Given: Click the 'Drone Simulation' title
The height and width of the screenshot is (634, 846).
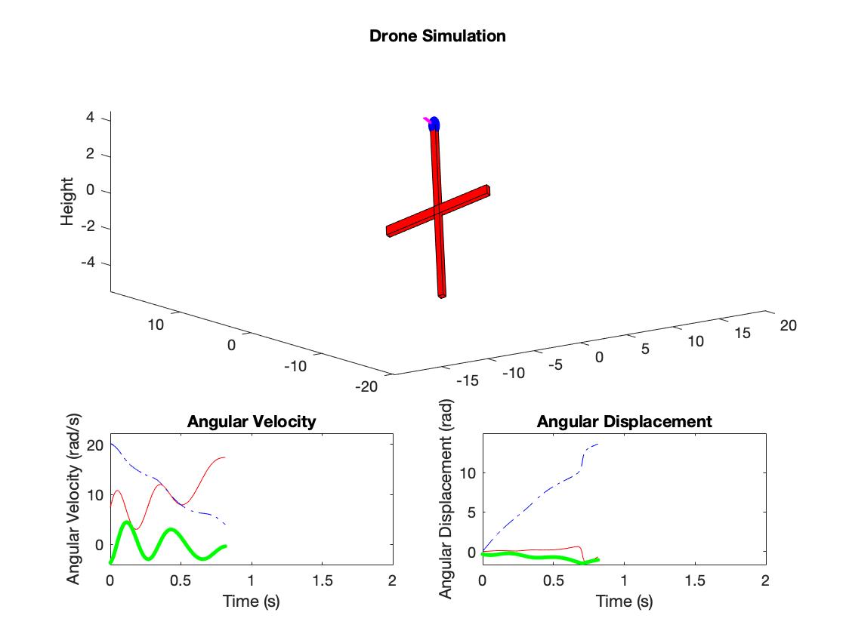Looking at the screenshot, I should (437, 35).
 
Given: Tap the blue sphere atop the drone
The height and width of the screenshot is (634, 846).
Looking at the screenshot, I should (434, 125).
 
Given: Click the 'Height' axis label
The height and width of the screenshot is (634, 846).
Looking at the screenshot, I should (68, 201).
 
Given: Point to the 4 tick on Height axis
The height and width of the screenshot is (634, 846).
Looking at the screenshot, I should (90, 118).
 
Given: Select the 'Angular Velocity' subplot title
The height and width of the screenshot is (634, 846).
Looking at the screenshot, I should (251, 421).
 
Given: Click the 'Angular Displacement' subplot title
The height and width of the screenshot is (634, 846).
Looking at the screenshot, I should (624, 421).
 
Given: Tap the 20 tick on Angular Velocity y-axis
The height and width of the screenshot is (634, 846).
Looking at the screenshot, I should (94, 445).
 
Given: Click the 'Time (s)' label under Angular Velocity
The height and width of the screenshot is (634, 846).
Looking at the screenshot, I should (251, 601).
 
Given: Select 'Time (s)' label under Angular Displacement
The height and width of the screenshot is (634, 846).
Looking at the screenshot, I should (624, 601).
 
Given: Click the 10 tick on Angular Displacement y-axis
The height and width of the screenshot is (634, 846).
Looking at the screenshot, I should (468, 473).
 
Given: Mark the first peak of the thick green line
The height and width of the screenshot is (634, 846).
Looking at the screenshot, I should (126, 522).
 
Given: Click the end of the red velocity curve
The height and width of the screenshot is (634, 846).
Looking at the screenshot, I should (224, 457).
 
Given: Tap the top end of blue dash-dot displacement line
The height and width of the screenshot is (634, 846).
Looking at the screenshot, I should (598, 444).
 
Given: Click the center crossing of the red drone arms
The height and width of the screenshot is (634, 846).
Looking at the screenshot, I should (437, 211).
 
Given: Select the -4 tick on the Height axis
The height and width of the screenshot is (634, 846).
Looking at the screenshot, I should (90, 263).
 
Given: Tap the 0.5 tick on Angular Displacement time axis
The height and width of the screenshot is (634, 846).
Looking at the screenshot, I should (553, 580).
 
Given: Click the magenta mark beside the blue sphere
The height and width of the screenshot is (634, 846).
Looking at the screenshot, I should (427, 119).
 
